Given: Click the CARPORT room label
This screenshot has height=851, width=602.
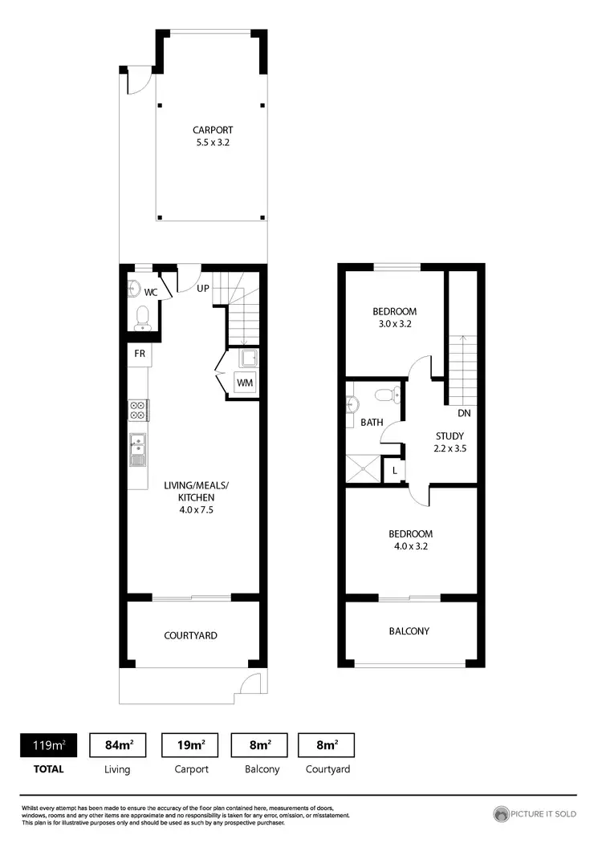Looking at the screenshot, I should tap(213, 130).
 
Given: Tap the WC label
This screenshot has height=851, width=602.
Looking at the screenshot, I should tap(151, 292).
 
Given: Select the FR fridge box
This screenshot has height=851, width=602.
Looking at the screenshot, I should tap(138, 353).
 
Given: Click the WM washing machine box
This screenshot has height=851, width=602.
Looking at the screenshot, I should tap(244, 383).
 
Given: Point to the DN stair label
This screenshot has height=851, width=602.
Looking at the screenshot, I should tap(464, 414).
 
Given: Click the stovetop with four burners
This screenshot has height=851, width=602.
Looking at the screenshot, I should tap(137, 410).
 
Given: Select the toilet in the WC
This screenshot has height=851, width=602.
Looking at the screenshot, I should tap(143, 318).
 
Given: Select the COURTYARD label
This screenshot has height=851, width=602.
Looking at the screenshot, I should tap(190, 635).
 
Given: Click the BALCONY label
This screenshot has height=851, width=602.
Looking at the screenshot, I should tap(409, 631).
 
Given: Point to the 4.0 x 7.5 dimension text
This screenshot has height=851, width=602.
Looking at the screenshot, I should tap(197, 509).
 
